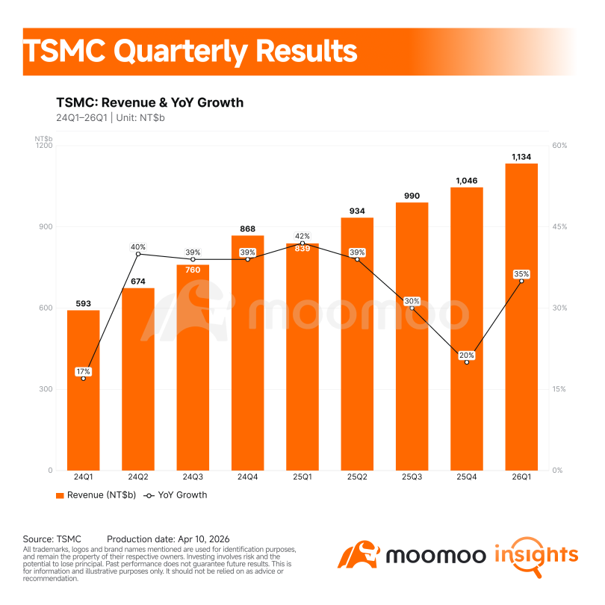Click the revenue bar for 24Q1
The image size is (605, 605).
click(x=84, y=390)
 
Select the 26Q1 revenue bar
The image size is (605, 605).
click(x=521, y=317)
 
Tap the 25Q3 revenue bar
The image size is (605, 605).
click(x=412, y=336)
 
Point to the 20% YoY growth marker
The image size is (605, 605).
click(x=467, y=362)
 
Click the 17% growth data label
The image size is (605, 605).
click(x=84, y=371)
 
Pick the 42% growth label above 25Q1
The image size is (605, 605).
click(x=302, y=236)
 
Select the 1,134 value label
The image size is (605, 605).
click(x=521, y=157)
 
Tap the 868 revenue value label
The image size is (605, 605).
click(x=247, y=229)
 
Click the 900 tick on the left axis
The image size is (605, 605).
click(x=46, y=227)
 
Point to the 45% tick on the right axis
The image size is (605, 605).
click(x=559, y=227)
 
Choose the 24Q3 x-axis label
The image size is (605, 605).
click(x=193, y=477)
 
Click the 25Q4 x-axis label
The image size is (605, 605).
click(x=467, y=477)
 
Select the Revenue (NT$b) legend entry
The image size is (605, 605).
click(x=96, y=495)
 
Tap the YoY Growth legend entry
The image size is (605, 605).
click(x=176, y=495)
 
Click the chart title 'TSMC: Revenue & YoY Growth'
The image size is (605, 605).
click(x=149, y=102)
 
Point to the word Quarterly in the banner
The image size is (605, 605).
click(x=181, y=52)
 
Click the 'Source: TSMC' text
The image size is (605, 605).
click(x=52, y=539)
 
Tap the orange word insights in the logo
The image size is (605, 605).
click(x=536, y=556)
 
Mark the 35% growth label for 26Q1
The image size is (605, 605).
click(x=521, y=274)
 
